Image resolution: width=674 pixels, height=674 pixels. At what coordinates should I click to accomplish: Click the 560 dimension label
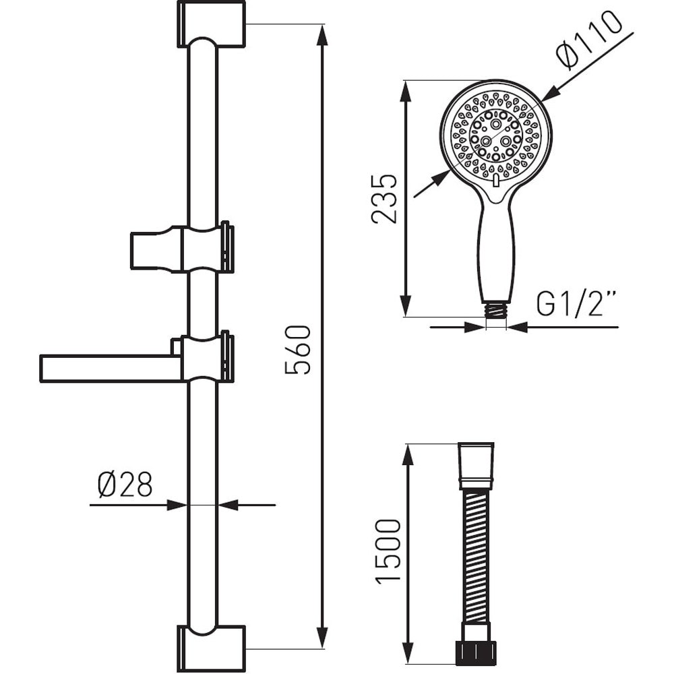(297, 350)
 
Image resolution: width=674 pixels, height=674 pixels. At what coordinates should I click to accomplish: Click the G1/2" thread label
(577, 305)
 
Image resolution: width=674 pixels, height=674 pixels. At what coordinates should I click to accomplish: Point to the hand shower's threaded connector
(495, 309)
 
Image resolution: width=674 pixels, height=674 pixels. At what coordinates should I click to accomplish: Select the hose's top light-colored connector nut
(477, 465)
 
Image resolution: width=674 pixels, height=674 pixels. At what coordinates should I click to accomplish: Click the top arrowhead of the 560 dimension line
(322, 34)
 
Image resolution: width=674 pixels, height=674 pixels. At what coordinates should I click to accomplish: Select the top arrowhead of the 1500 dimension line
(406, 454)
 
